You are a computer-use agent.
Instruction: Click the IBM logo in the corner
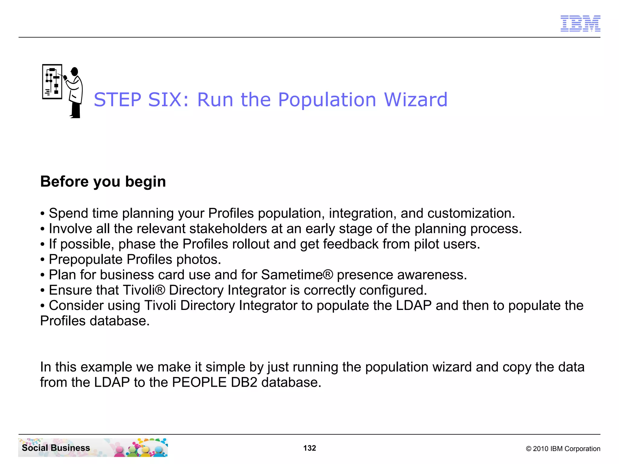(580, 23)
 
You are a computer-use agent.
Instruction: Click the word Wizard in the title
(416, 100)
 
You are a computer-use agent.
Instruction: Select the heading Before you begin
(103, 182)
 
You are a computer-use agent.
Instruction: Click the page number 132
(309, 448)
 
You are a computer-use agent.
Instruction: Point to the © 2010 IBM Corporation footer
(563, 449)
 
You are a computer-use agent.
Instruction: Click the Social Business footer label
(56, 448)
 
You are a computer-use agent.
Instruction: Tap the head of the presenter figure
(74, 72)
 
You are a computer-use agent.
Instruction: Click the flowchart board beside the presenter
(52, 82)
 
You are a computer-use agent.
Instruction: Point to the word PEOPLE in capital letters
(199, 382)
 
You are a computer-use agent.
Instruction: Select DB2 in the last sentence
(244, 382)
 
